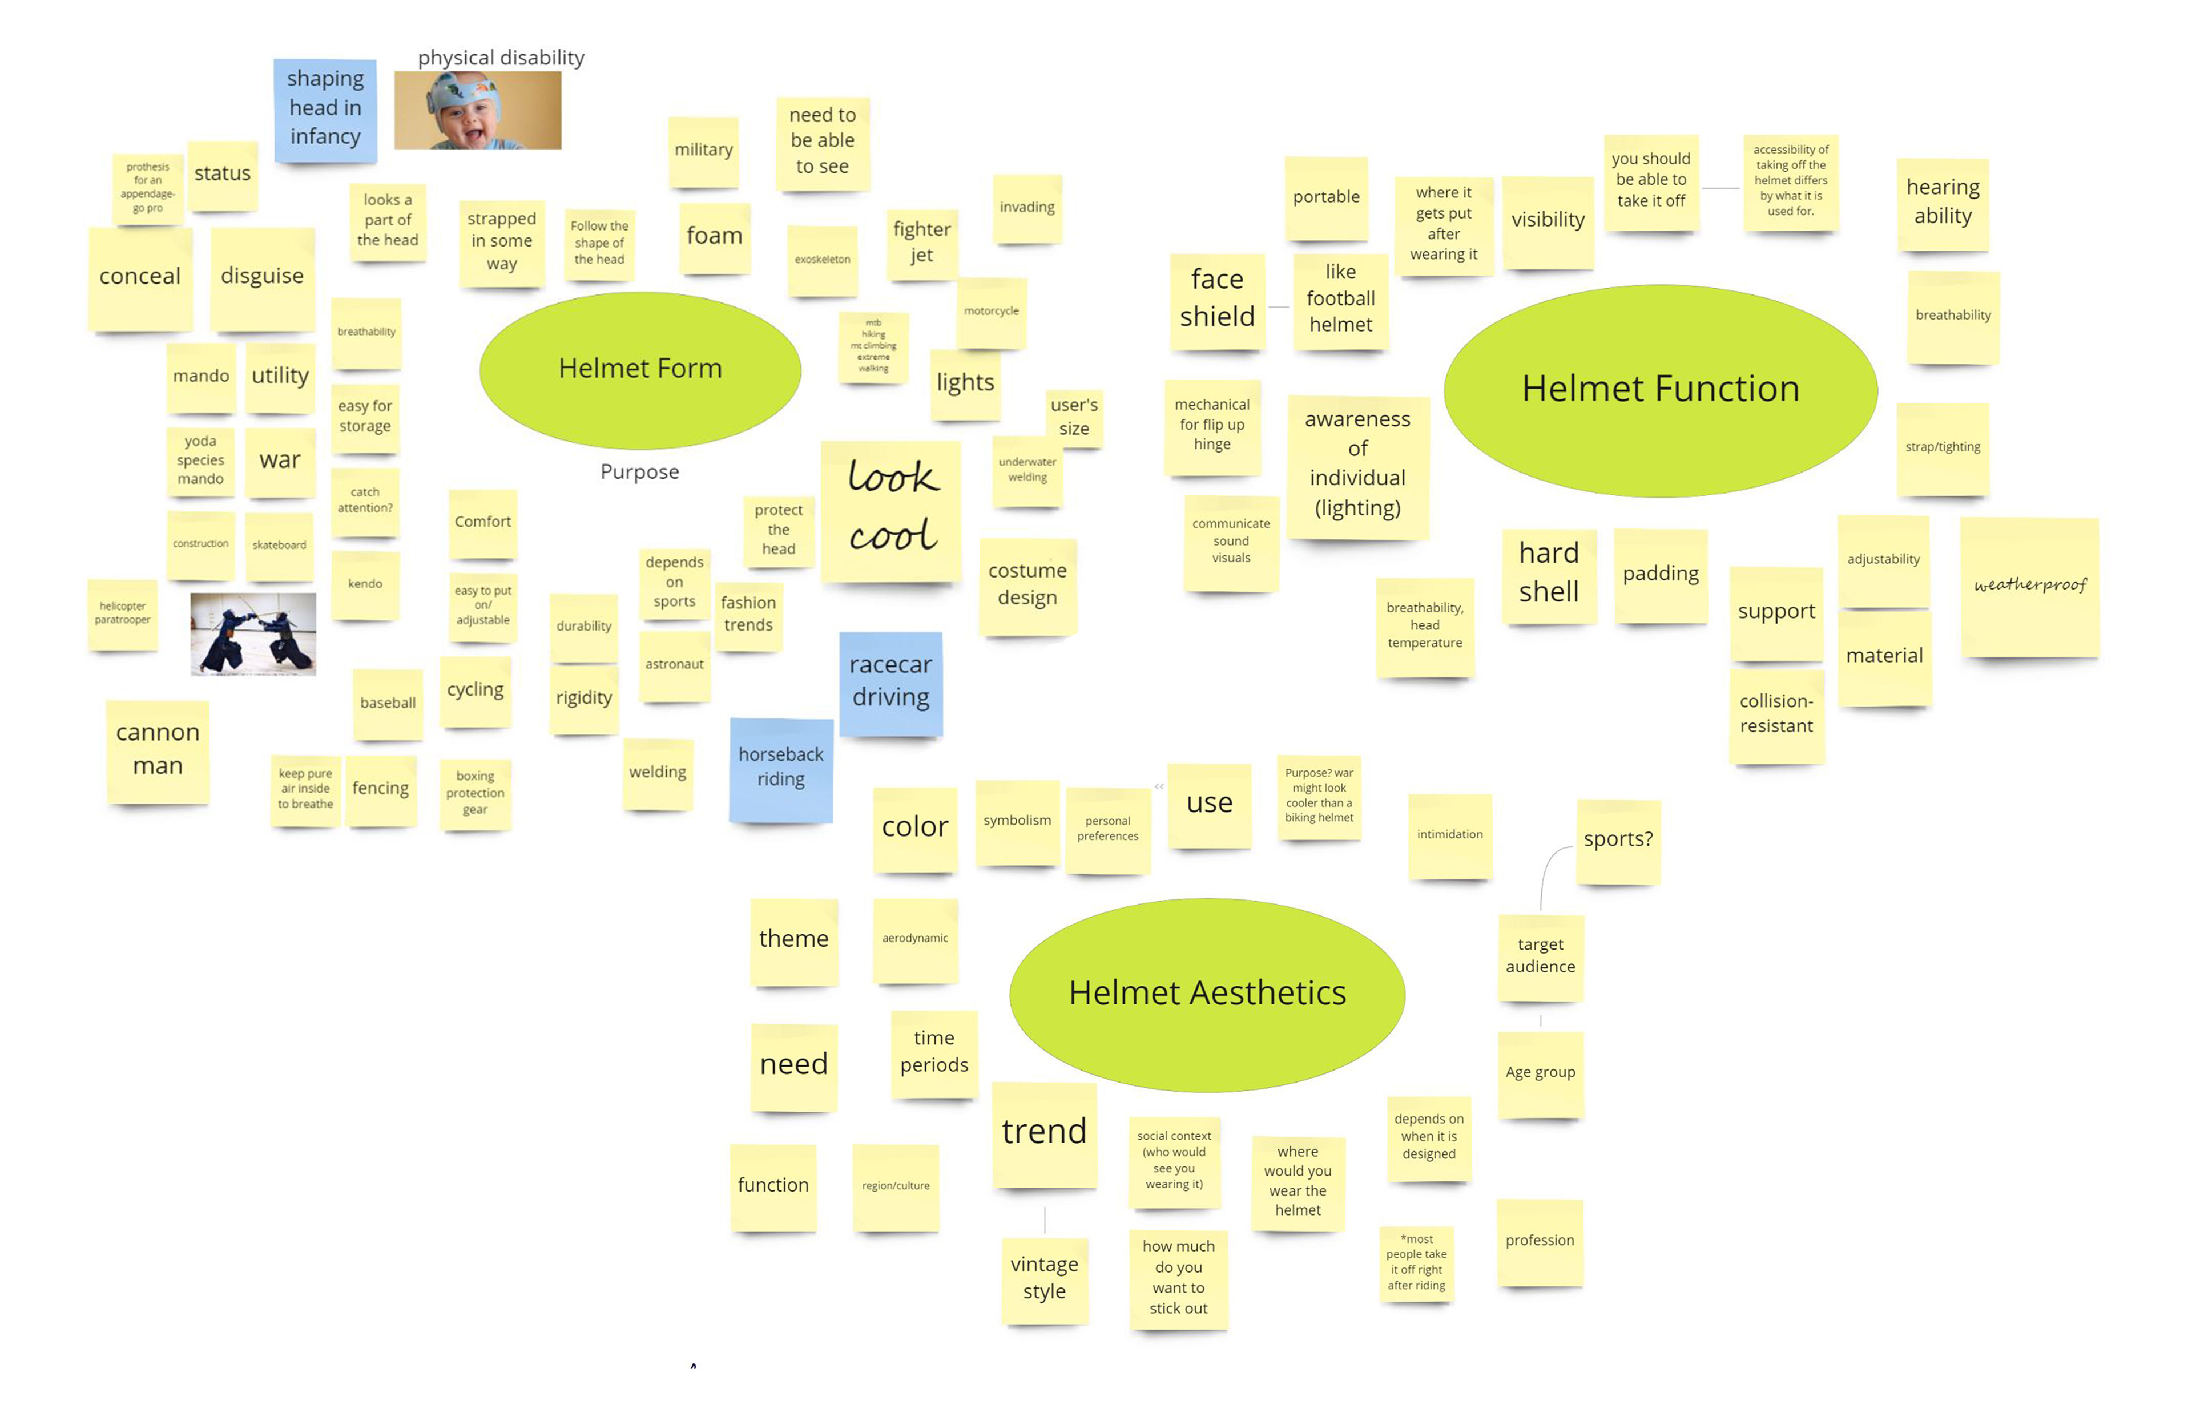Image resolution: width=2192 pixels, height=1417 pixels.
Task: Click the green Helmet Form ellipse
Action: (x=639, y=369)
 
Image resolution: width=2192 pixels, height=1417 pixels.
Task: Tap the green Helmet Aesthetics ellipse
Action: (x=1206, y=994)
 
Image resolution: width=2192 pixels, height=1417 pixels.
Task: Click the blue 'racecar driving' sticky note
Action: (x=890, y=682)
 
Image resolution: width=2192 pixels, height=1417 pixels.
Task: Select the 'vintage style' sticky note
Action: (x=1043, y=1278)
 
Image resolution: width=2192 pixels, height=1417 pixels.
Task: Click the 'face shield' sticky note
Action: (x=1216, y=299)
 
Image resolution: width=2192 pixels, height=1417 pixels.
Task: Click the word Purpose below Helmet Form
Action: (x=639, y=472)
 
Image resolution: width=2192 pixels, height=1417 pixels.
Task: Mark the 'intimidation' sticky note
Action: (x=1449, y=834)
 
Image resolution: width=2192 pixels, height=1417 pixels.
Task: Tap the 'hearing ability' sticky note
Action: (x=1942, y=203)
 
